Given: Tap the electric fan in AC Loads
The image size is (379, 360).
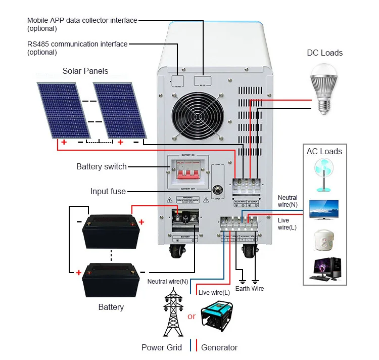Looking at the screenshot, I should click(x=324, y=175).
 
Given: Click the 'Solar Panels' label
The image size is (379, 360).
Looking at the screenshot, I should click(x=85, y=71).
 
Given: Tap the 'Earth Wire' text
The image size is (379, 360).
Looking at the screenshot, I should click(x=250, y=289).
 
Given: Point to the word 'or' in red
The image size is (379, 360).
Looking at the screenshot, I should click(x=191, y=317).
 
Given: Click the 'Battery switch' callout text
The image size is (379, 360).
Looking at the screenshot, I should click(x=102, y=166).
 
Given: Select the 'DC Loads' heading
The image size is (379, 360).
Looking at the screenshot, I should click(x=324, y=53).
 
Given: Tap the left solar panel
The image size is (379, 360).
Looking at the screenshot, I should click(x=62, y=110).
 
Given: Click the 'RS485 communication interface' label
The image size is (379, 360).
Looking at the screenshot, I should click(x=77, y=44).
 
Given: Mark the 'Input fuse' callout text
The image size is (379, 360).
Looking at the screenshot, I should click(x=108, y=191).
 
